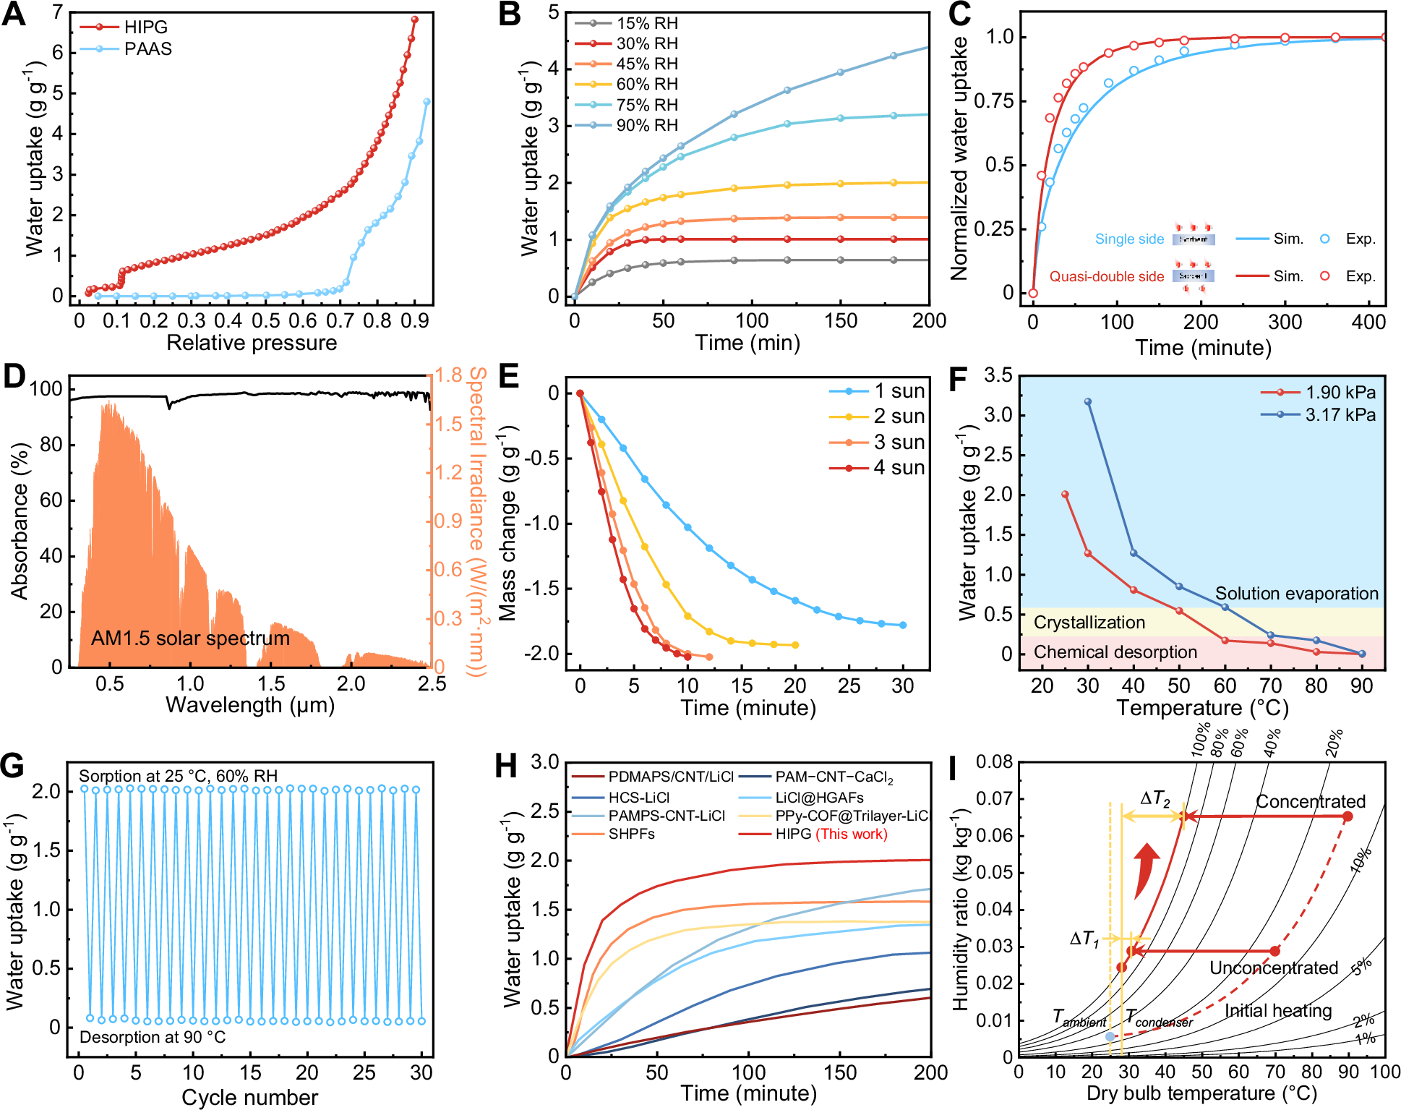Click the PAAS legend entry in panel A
[147, 48]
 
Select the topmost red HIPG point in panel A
[414, 20]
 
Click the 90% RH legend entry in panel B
[646, 125]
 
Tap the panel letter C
[959, 14]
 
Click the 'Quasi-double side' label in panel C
[1106, 276]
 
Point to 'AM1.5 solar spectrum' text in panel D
[190, 638]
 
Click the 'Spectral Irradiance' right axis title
[477, 521]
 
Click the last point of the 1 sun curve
[903, 625]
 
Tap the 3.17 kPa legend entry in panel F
[1340, 414]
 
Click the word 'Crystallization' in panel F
[1089, 622]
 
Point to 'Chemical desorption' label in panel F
[1115, 652]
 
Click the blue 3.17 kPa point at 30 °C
[1087, 401]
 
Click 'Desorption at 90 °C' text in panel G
[153, 1037]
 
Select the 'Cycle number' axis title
[249, 1097]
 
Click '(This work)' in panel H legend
[852, 834]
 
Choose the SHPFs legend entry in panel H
[631, 834]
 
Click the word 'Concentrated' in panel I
[1310, 801]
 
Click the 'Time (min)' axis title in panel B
[747, 342]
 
